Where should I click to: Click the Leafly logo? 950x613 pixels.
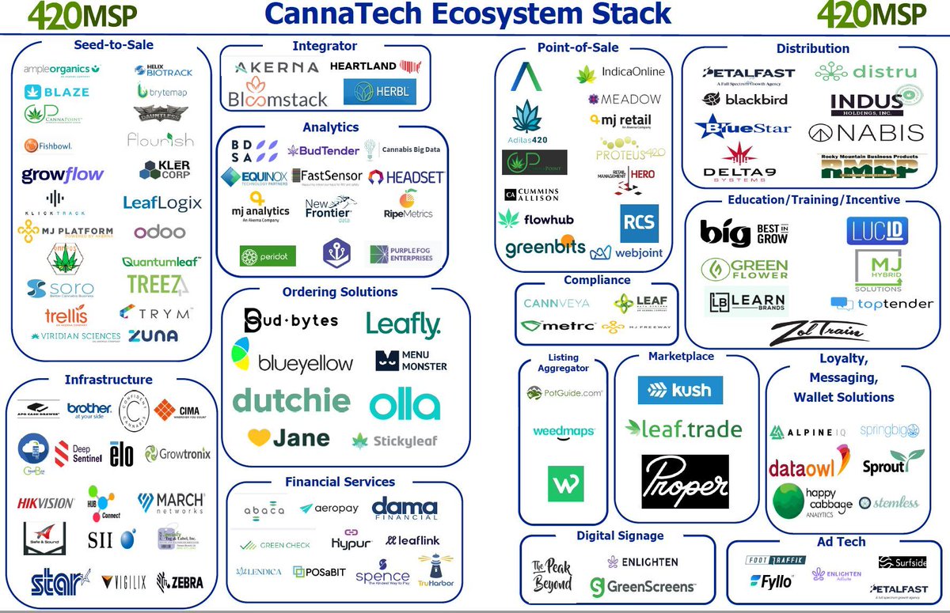click(403, 324)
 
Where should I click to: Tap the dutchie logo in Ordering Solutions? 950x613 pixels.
click(291, 399)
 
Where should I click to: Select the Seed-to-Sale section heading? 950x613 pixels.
click(114, 45)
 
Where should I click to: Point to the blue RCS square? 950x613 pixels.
click(639, 223)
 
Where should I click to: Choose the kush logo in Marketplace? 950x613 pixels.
click(680, 390)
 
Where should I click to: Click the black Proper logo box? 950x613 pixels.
click(685, 481)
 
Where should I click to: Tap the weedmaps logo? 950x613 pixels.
click(564, 431)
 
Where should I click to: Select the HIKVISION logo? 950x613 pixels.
click(46, 502)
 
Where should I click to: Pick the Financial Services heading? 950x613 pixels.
click(340, 482)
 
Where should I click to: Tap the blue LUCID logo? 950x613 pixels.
click(876, 231)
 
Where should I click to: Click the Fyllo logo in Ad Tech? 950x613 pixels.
click(771, 582)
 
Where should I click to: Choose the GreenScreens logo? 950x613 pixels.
click(643, 587)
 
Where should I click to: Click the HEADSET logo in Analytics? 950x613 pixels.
click(406, 177)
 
